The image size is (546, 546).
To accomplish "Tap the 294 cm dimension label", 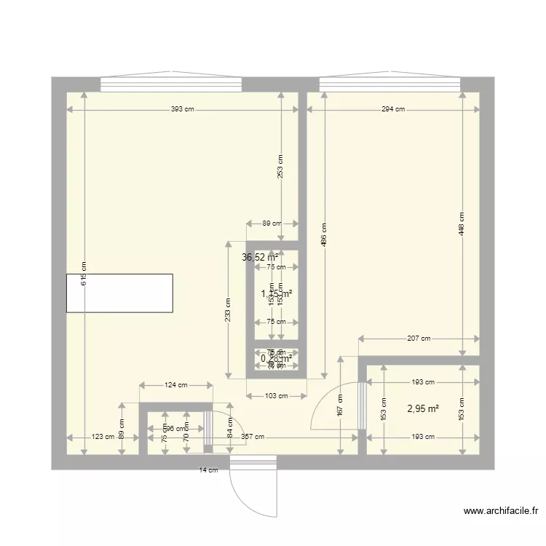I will click(393, 109).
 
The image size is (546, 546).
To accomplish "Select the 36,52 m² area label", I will click(260, 257).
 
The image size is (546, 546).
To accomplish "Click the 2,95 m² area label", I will click(423, 409).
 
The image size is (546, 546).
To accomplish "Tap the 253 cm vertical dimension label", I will click(281, 167).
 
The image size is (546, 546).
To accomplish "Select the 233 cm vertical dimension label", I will click(228, 310).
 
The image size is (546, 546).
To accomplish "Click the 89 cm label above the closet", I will click(272, 223).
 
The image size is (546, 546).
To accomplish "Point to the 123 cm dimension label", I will click(103, 437).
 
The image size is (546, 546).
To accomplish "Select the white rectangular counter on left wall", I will click(119, 293).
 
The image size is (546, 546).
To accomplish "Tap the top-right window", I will click(392, 84).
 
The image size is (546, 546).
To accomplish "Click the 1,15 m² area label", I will click(277, 294).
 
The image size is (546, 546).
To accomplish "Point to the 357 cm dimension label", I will click(253, 437).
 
